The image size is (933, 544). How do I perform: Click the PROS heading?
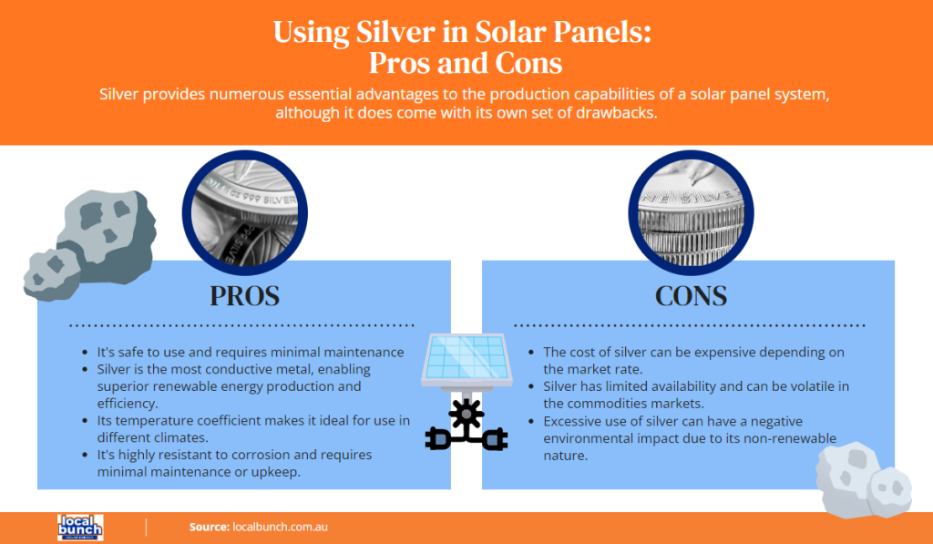tap(243, 296)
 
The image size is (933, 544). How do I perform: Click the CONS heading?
tap(690, 296)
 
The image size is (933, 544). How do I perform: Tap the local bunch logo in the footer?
tap(79, 527)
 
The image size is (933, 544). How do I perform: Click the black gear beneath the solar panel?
tap(466, 415)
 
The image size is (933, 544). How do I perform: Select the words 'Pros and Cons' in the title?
tap(466, 63)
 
